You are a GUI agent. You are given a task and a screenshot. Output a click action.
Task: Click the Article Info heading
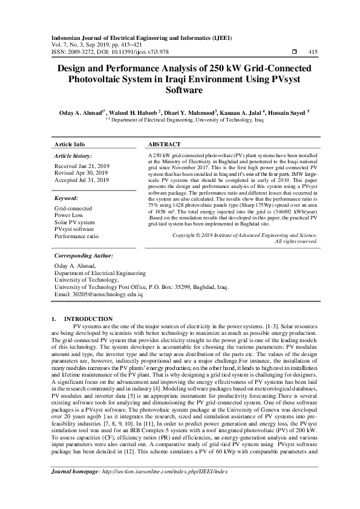70,145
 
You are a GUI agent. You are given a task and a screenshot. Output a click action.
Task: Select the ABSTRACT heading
164,145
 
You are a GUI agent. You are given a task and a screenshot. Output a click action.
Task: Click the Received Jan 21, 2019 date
81,165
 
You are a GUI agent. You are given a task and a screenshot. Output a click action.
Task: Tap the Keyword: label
67,198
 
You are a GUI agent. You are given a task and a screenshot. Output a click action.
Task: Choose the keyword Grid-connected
73,208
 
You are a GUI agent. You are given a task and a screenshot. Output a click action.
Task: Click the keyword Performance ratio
76,237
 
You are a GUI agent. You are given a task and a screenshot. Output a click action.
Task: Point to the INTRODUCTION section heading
88,319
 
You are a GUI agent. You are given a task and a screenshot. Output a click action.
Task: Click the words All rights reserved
296,258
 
